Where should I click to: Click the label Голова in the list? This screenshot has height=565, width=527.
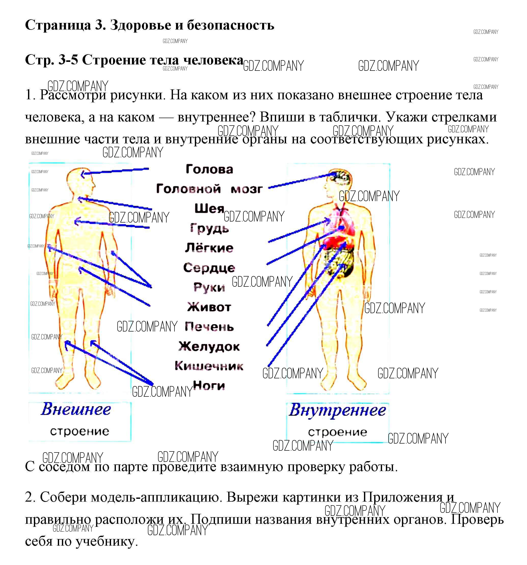tap(209, 169)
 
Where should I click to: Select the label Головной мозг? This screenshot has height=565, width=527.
tap(209, 189)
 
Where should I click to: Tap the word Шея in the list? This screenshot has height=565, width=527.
tap(209, 209)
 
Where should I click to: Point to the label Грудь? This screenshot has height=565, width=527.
tap(209, 228)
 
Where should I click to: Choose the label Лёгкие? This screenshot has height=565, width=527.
tap(209, 248)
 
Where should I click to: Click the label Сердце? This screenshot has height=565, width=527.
tap(209, 268)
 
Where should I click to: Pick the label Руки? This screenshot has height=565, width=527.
tap(209, 287)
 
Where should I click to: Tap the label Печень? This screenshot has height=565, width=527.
tap(209, 327)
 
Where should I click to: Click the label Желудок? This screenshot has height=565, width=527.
tap(209, 347)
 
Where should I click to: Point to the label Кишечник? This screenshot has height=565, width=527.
tap(209, 366)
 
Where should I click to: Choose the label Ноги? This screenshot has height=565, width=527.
tap(209, 386)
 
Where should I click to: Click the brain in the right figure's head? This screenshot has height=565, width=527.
tap(341, 178)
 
